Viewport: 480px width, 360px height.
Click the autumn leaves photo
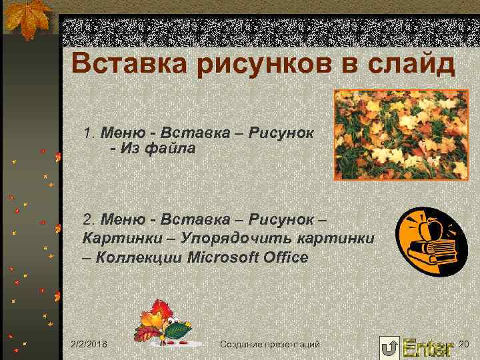point(401,135)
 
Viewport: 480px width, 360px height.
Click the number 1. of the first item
point(90,131)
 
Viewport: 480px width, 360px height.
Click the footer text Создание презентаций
point(269,344)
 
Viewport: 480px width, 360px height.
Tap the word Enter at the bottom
point(427,347)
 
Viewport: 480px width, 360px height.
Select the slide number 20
point(465,343)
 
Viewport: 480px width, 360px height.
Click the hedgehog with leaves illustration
point(168,323)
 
